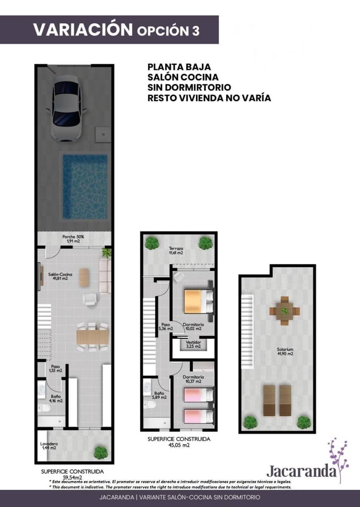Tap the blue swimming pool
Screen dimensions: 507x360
click(x=85, y=186)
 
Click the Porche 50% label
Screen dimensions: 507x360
click(x=73, y=239)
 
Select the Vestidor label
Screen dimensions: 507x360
click(x=193, y=344)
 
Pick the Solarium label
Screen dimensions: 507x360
click(x=285, y=352)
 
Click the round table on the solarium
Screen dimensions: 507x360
click(x=284, y=311)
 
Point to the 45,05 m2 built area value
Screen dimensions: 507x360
click(x=179, y=445)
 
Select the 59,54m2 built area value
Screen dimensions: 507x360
click(x=72, y=477)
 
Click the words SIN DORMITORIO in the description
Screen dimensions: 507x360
click(x=189, y=87)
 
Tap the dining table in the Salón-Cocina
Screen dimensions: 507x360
click(x=93, y=337)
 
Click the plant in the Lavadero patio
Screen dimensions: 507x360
click(x=101, y=452)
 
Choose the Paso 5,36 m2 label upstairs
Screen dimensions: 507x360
click(x=166, y=326)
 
